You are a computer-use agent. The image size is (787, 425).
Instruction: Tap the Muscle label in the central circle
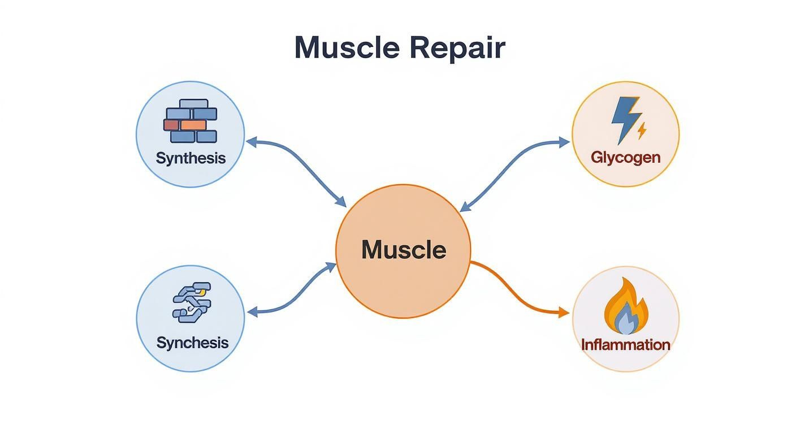pyautogui.click(x=403, y=250)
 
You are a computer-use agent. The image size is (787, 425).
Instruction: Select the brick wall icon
pyautogui.click(x=190, y=121)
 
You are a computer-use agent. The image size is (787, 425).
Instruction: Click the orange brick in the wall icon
pyautogui.click(x=193, y=125)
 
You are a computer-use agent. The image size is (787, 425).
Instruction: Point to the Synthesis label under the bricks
pyautogui.click(x=191, y=158)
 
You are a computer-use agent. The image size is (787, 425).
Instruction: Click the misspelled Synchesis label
pyautogui.click(x=192, y=342)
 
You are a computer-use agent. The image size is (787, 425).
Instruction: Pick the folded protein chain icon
pyautogui.click(x=191, y=303)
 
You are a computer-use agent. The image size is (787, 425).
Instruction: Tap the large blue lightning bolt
pyautogui.click(x=625, y=119)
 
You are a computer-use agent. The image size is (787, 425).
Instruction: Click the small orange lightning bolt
pyautogui.click(x=641, y=131)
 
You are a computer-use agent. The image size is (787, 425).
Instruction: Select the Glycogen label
pyautogui.click(x=625, y=157)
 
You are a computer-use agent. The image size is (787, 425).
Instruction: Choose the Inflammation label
pyautogui.click(x=625, y=345)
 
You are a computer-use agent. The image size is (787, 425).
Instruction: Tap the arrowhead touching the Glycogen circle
pyautogui.click(x=565, y=142)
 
